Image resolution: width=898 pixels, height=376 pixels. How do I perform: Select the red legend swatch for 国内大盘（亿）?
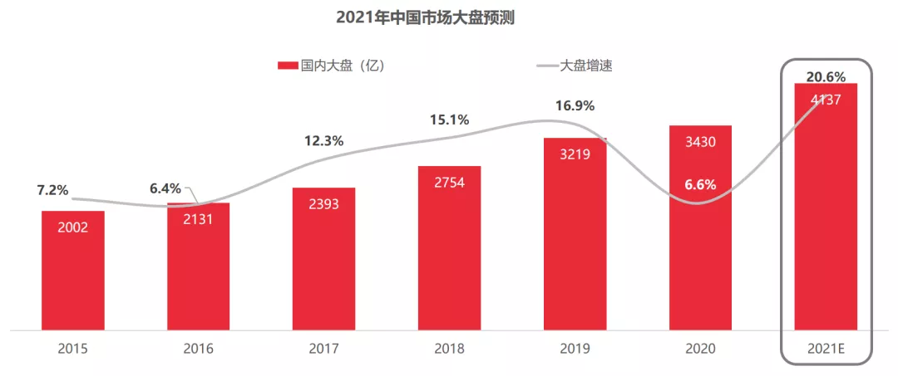[x=287, y=66]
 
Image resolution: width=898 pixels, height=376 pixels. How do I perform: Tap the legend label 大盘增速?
[x=585, y=66]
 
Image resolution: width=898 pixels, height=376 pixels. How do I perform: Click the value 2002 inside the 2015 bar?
[x=73, y=227]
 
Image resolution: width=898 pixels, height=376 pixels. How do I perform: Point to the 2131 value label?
[x=198, y=219]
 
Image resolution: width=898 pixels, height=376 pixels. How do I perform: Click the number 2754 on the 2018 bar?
[x=449, y=183]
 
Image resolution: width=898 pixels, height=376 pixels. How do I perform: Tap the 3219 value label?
[x=575, y=154]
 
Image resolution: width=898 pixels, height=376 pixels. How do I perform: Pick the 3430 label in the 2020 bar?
[x=700, y=142]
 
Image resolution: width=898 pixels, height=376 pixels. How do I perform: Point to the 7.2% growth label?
[x=52, y=190]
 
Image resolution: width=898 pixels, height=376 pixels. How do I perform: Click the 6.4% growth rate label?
[x=165, y=188]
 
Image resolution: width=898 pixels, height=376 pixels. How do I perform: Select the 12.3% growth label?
[x=323, y=141]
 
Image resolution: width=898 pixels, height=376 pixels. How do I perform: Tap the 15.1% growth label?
[x=449, y=120]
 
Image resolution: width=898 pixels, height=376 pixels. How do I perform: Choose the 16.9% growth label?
[x=575, y=105]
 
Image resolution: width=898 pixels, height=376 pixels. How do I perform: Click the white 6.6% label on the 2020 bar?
[x=700, y=184]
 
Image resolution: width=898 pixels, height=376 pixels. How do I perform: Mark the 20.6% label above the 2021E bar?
[x=826, y=77]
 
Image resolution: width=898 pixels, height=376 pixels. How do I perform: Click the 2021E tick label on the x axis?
[x=826, y=349]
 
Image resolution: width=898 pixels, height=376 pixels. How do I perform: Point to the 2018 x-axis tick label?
[x=449, y=349]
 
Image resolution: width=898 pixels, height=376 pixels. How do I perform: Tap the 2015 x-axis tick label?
[x=73, y=349]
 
